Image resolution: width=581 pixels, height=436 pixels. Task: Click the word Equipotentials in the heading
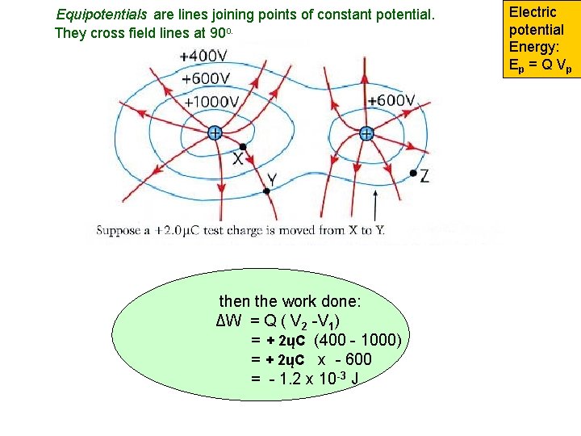(102, 15)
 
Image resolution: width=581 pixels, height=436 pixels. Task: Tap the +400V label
(204, 57)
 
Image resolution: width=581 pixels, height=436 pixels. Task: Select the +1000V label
(211, 103)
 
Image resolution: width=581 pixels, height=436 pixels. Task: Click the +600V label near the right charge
(391, 101)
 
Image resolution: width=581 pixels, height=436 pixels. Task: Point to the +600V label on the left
(209, 79)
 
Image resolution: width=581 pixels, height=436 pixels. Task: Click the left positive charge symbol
(215, 132)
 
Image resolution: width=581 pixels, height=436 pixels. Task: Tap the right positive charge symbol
(366, 133)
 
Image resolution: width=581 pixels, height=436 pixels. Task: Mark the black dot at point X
(243, 147)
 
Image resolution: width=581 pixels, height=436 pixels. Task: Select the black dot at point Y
(267, 191)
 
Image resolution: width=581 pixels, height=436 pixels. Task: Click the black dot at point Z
(413, 173)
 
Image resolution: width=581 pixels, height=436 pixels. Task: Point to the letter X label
(238, 160)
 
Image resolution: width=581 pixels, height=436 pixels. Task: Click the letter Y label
(272, 179)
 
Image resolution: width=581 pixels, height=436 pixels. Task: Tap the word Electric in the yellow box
(533, 12)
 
